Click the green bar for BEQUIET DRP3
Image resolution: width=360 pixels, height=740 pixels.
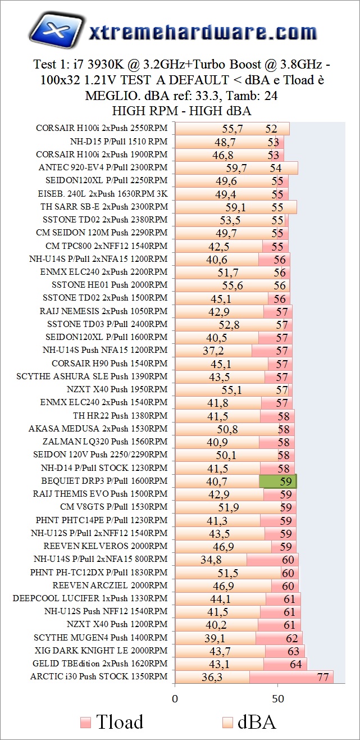click(277, 482)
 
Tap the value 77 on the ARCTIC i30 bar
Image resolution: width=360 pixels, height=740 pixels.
click(323, 677)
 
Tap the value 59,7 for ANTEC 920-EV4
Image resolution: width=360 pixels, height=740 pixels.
click(236, 168)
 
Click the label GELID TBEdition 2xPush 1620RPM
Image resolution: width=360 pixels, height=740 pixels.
click(101, 664)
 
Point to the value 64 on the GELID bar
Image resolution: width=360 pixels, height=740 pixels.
click(295, 664)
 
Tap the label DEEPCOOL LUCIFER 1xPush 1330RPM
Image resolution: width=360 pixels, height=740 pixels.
click(90, 598)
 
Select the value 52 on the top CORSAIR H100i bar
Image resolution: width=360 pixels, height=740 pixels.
click(272, 129)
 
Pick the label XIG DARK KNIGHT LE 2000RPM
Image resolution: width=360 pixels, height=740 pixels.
click(101, 651)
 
